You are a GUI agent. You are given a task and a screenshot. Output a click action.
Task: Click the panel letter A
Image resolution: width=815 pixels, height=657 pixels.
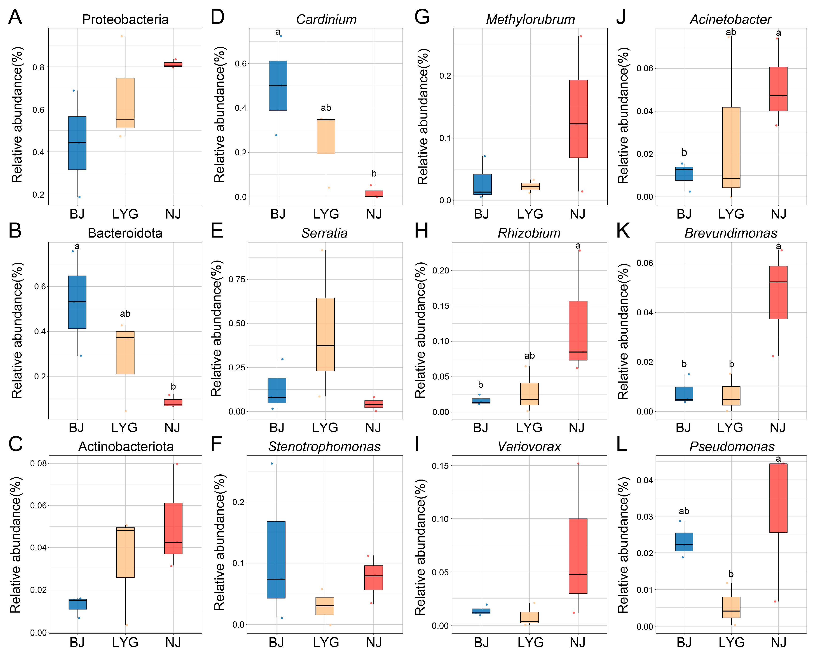pos(15,17)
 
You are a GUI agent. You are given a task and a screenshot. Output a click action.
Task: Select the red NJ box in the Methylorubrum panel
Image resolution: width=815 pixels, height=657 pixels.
pos(578,119)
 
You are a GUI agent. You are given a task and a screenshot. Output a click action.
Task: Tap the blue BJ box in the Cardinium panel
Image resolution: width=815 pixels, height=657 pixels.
pos(278,85)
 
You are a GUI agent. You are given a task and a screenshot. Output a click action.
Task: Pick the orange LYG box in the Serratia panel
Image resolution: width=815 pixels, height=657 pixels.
pos(325,334)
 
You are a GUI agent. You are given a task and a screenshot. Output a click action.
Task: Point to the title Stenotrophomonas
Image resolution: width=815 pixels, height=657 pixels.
pos(324,447)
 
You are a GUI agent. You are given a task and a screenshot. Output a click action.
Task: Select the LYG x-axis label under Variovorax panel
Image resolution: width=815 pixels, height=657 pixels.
pos(530,642)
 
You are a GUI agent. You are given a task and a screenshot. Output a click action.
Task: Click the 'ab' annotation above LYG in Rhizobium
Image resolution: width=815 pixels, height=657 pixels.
pos(529,356)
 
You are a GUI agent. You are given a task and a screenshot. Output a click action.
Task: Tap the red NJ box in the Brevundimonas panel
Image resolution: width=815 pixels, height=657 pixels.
pos(778,292)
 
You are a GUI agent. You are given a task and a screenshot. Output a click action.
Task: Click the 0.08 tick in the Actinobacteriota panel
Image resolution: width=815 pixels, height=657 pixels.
pos(38,463)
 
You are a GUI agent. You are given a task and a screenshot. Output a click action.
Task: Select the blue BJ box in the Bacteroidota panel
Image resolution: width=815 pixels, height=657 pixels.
pos(77,302)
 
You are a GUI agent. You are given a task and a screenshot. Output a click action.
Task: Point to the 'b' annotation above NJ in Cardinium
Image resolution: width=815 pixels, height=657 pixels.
pos(374,173)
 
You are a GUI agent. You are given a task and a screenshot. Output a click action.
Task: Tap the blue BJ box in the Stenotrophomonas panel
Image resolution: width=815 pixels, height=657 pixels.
pos(276,560)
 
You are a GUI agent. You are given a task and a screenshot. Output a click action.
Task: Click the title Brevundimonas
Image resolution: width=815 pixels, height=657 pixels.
pos(730,233)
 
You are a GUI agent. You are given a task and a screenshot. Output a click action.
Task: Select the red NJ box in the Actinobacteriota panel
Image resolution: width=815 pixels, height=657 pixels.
pos(173,528)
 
